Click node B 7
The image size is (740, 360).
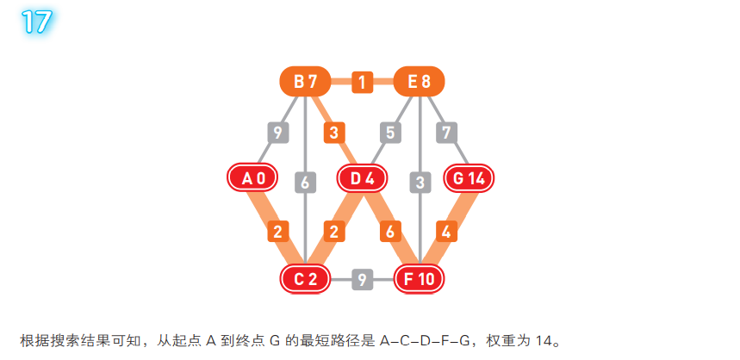(x=306, y=83)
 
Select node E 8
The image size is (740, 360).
(x=419, y=83)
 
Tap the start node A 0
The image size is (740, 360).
(x=252, y=178)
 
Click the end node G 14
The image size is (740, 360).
(x=470, y=178)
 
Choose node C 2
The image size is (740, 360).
(x=306, y=278)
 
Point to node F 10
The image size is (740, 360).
(x=419, y=278)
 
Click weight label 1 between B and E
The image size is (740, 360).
(x=363, y=83)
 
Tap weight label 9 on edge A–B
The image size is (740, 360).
(x=277, y=133)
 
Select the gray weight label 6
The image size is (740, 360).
(x=305, y=183)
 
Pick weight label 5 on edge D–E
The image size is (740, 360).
(x=390, y=133)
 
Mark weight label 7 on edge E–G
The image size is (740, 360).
(x=446, y=133)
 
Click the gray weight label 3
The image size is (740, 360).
(x=420, y=183)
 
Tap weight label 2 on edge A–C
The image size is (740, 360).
(x=277, y=232)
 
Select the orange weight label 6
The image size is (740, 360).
(x=391, y=232)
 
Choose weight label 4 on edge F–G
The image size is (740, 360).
(x=446, y=232)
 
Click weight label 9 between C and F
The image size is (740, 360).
(x=363, y=279)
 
